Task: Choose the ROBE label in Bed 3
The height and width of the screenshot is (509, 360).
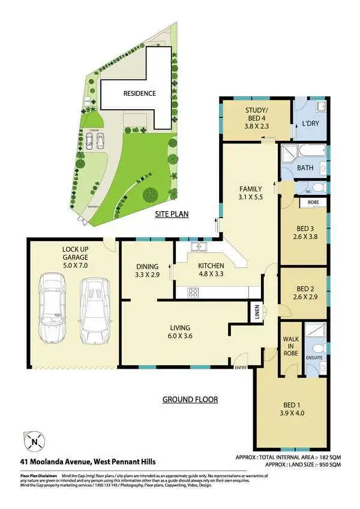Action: (x=313, y=203)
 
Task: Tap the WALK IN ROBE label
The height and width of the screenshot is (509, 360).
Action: (x=290, y=345)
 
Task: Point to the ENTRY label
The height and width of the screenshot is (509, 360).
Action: (x=241, y=368)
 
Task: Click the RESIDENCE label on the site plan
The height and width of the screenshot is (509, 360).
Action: (x=139, y=94)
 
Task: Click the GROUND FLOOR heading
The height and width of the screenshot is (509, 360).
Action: (x=190, y=399)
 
